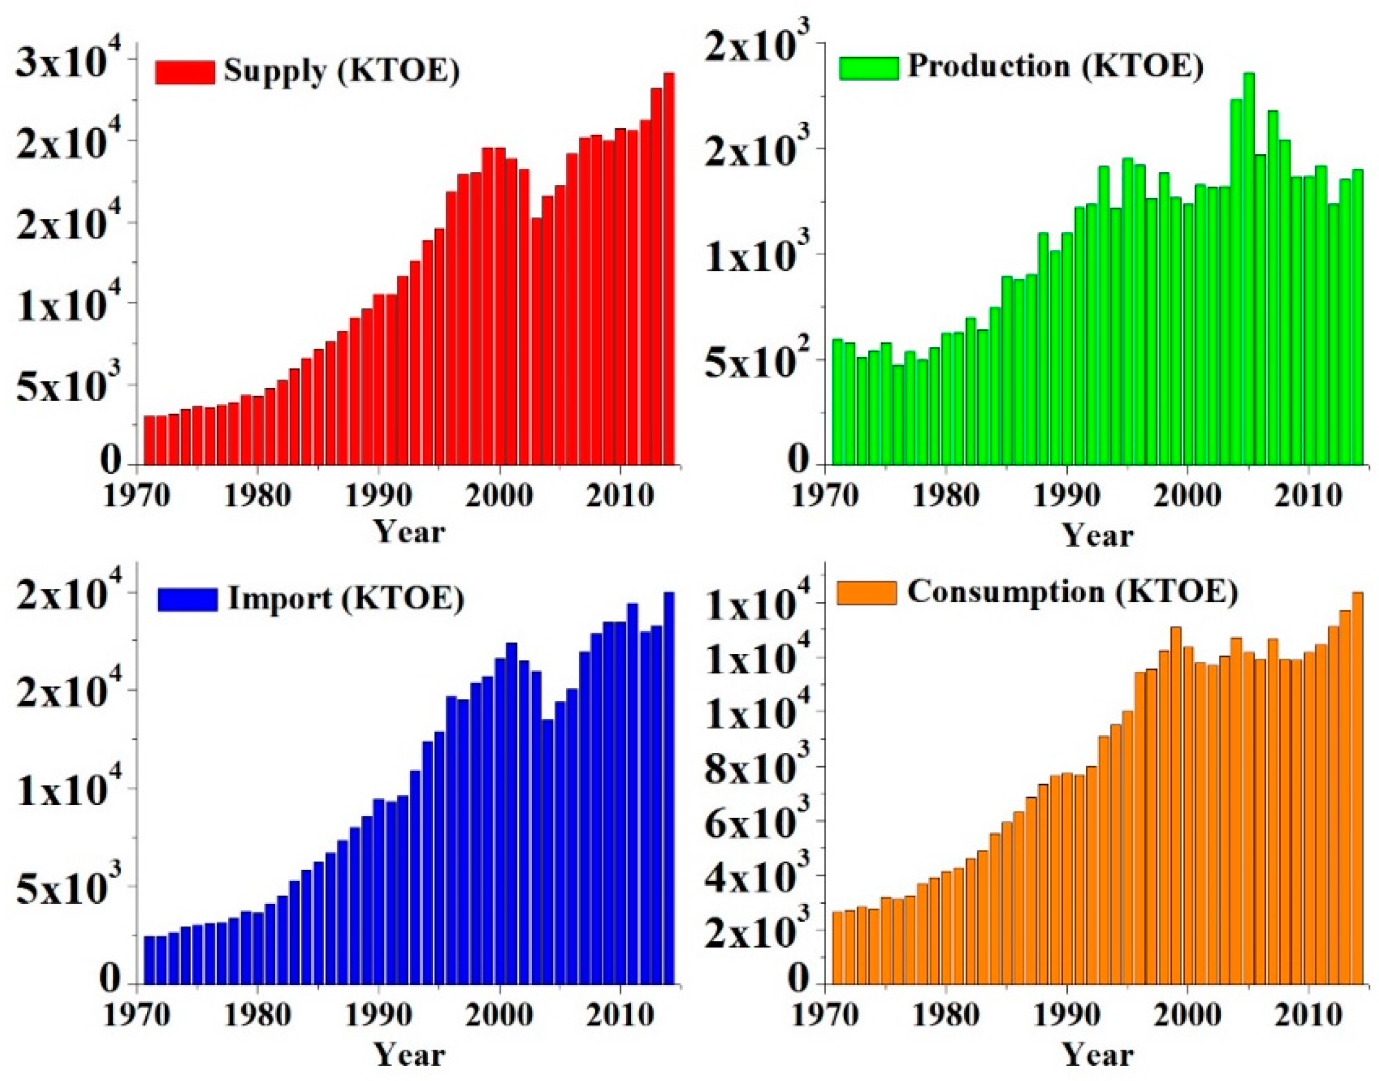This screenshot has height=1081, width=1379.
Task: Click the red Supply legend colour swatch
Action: click(185, 72)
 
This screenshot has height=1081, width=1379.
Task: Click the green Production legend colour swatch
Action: click(868, 68)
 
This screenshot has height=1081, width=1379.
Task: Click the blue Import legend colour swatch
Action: click(187, 599)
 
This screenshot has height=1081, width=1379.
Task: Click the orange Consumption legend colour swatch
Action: click(866, 593)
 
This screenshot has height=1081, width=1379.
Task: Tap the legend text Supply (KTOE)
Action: click(341, 72)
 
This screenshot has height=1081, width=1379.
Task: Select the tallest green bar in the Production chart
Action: click(1248, 269)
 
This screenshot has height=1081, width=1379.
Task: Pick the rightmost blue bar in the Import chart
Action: click(669, 788)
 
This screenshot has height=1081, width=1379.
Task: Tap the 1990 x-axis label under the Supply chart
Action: click(378, 497)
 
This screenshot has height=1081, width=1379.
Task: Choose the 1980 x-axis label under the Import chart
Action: click(257, 1017)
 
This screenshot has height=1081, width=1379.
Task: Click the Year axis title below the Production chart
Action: click(1097, 536)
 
